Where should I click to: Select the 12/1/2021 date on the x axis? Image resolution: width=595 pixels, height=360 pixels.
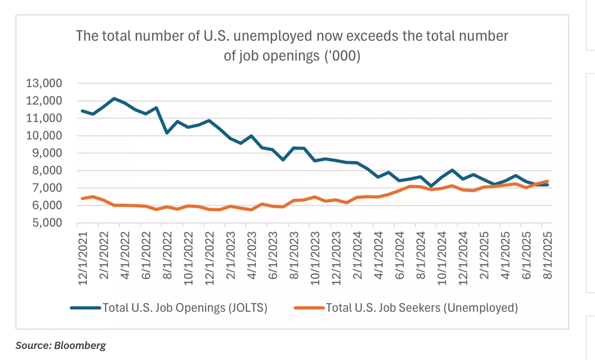pyautogui.click(x=83, y=256)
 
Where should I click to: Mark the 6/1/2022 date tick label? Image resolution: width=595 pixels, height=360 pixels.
pyautogui.click(x=146, y=256)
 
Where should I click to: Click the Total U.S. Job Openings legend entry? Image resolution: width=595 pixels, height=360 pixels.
pyautogui.click(x=185, y=308)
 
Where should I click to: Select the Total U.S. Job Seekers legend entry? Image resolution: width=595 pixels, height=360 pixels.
pyautogui.click(x=422, y=308)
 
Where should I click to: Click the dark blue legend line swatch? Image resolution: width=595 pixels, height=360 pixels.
pyautogui.click(x=86, y=308)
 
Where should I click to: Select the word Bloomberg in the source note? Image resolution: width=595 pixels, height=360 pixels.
pyautogui.click(x=80, y=346)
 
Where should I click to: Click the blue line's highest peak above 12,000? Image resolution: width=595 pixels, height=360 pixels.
pyautogui.click(x=114, y=99)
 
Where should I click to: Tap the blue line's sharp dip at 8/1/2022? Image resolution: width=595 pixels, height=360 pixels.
pyautogui.click(x=166, y=133)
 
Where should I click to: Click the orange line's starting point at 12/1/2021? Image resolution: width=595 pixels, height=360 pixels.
pyautogui.click(x=82, y=198)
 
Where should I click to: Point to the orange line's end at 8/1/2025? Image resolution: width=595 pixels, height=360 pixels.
pyautogui.click(x=546, y=181)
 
